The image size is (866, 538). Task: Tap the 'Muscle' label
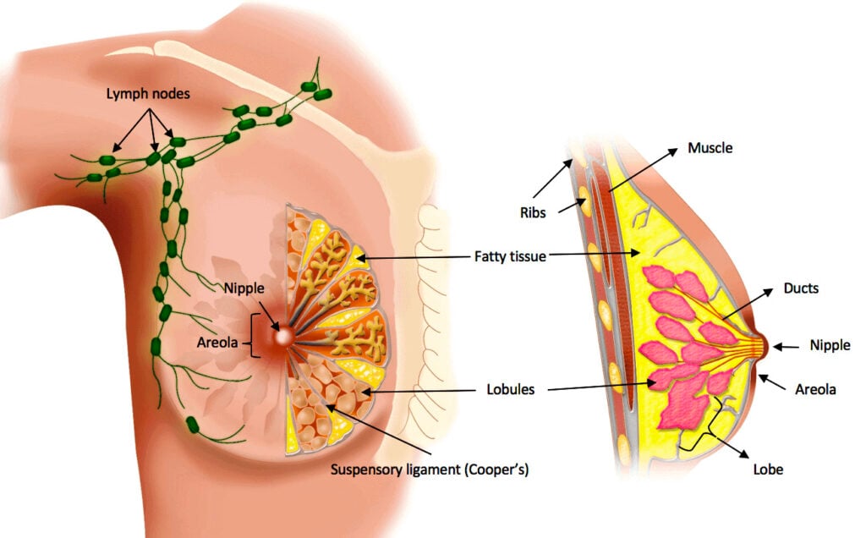709,148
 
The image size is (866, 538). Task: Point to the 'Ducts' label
801,288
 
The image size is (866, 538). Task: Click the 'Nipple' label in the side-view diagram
830,345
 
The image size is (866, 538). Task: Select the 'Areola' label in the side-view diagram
815,389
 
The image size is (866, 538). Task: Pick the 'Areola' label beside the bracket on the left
217,343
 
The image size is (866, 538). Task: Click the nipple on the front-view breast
281,336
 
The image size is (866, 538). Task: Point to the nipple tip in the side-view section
765,345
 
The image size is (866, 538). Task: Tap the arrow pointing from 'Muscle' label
644,169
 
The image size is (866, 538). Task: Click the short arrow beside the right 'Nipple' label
787,345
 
